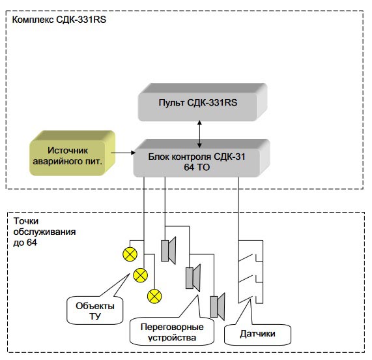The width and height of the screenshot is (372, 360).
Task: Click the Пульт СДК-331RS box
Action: coord(203,102)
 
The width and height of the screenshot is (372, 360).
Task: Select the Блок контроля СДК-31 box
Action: coord(202,158)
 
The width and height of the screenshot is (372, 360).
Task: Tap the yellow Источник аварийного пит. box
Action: coord(72,153)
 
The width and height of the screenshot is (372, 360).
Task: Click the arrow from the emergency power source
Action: coord(123,153)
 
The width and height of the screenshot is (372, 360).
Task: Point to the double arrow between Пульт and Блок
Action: coord(199,134)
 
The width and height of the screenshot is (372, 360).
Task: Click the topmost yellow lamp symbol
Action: coord(130,254)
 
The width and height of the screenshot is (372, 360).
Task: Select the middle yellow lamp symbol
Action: coord(141,275)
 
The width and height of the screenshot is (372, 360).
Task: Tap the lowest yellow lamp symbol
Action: coord(154,296)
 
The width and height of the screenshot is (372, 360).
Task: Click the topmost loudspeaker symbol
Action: coord(169,250)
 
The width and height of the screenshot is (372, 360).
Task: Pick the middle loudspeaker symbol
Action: coord(193,278)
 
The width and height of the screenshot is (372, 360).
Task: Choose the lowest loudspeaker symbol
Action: coord(218,307)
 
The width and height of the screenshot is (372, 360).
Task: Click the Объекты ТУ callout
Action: coord(95,310)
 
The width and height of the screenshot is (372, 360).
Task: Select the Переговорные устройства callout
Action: coord(172,331)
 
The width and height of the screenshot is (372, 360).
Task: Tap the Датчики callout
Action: coord(257,335)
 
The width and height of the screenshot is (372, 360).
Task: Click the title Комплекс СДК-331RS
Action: coord(59,20)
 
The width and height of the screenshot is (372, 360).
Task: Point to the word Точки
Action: coord(26,221)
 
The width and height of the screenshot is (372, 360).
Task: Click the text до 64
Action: coord(25,243)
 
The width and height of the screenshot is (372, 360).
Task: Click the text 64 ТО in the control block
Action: coord(197,167)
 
